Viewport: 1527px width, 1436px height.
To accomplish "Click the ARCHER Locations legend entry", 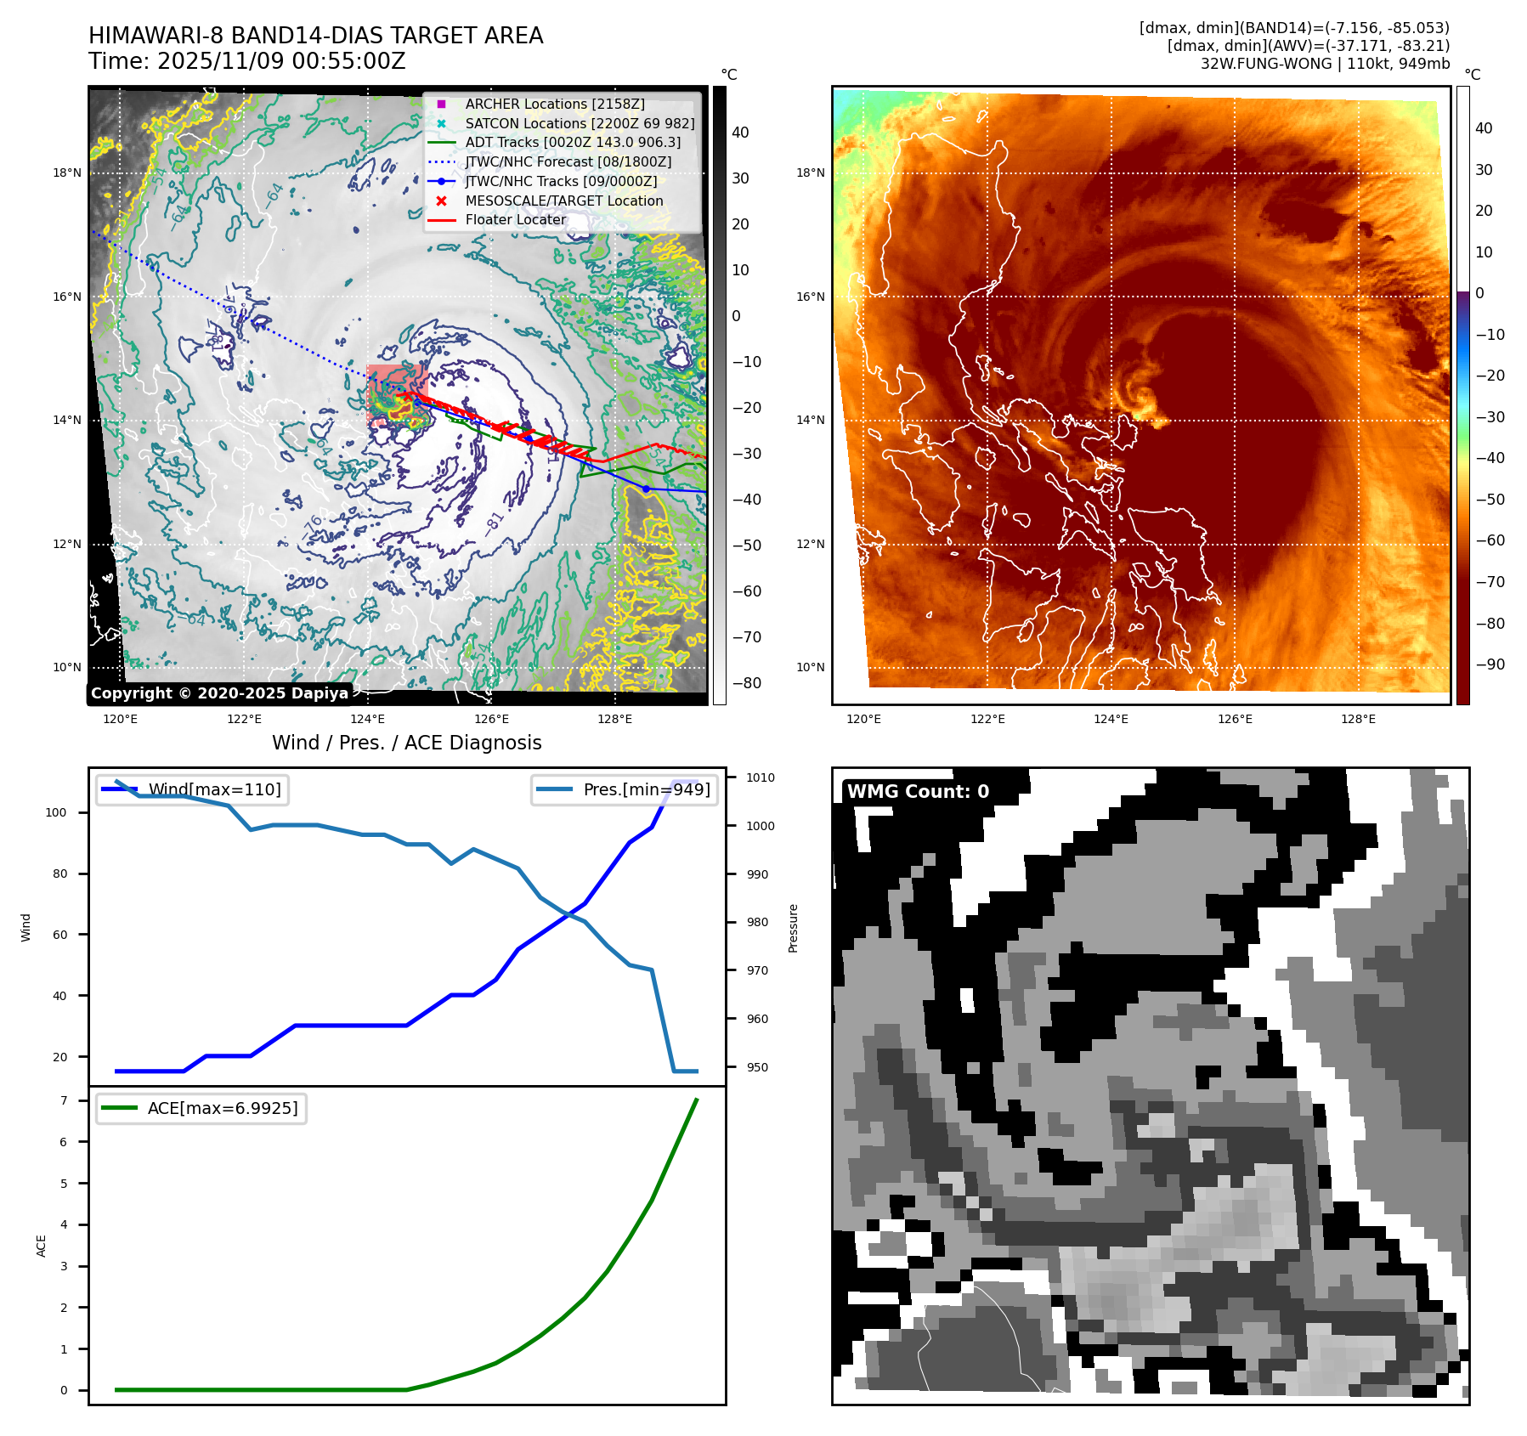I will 554,104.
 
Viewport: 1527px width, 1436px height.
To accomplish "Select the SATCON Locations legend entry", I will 580,123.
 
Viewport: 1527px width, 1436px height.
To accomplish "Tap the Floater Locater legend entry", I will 515,219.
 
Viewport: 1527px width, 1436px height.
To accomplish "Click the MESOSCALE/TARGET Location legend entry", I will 563,201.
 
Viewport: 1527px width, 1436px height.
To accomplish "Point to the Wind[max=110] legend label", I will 214,789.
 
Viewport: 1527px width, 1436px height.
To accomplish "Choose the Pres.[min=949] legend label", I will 646,789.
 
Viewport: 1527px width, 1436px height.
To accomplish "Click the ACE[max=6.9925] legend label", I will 223,1108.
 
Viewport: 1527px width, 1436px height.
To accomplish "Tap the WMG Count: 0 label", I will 918,791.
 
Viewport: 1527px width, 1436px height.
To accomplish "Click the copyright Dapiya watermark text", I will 219,693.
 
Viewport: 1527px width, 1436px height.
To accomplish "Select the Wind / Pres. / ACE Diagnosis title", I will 406,743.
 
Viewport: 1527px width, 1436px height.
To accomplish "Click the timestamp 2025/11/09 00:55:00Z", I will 281,61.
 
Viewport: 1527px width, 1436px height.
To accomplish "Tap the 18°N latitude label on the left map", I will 67,172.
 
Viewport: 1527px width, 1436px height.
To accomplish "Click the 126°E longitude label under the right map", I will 1235,719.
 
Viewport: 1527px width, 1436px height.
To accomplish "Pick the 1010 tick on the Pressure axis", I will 761,777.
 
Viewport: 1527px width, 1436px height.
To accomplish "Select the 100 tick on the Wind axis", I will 55,812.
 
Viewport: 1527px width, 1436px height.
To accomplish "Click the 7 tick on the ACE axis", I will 64,1100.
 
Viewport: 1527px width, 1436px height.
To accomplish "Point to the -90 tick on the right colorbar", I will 1490,664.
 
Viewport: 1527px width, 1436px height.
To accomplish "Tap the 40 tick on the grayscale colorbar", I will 740,133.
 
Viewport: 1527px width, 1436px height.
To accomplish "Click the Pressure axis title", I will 793,928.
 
